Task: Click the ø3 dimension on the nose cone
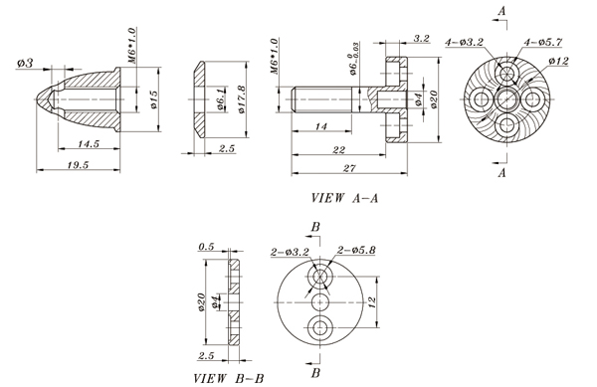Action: coord(25,63)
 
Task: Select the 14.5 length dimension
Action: coord(89,143)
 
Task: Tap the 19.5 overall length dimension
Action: coord(78,165)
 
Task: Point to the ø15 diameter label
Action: coord(153,99)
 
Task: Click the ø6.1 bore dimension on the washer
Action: coord(221,99)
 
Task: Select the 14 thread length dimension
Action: coord(321,126)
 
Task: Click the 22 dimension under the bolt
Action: coord(338,149)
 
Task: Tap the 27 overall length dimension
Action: coord(349,168)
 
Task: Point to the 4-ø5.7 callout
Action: coord(542,42)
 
